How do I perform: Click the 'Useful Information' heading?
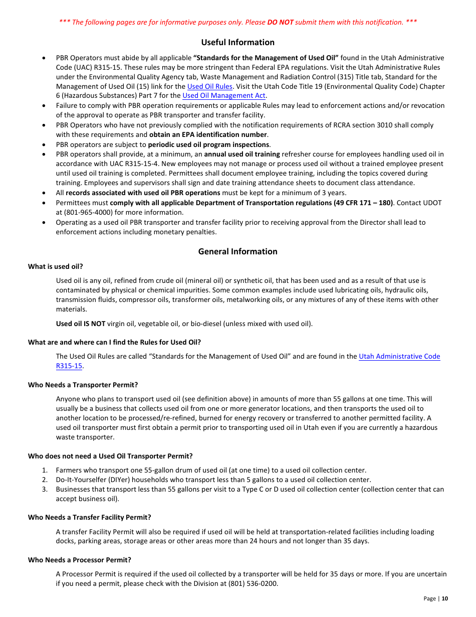237,42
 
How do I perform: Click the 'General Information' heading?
237,251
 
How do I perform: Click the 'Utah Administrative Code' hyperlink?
399,356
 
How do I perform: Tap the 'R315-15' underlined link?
69,366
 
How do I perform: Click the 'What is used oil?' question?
55,266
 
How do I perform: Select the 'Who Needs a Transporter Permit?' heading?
83,385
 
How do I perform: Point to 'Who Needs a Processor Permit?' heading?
79,560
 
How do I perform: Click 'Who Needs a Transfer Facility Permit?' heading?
89,517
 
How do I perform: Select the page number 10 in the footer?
444,598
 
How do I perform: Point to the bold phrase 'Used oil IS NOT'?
80,324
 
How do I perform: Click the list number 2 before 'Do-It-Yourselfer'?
45,480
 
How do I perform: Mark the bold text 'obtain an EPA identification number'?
208,134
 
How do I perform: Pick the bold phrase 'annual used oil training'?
242,154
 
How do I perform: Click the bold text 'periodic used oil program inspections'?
208,144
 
